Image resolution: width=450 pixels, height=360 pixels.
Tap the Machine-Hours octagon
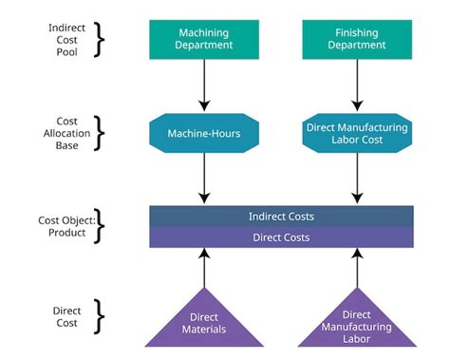204,134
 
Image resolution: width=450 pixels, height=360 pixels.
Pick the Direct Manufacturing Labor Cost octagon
357,134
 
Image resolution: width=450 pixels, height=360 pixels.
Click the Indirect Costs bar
281,216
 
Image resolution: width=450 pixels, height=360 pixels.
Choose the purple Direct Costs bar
281,237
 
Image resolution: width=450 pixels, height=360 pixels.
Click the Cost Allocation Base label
70,134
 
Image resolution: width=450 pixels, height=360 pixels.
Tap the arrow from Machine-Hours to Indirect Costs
204,178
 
